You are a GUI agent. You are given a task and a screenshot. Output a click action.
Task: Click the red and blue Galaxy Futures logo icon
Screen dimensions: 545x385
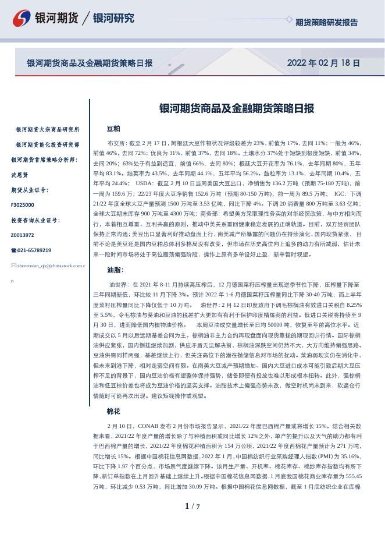coord(22,17)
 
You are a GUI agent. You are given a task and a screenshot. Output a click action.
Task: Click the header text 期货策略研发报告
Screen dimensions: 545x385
coord(326,23)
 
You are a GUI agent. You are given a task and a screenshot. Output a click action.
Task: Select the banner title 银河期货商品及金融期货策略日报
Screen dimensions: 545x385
coord(90,63)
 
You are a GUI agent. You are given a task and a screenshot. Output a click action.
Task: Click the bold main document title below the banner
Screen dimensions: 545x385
coord(237,108)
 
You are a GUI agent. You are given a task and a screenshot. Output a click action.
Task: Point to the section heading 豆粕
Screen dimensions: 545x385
coord(113,128)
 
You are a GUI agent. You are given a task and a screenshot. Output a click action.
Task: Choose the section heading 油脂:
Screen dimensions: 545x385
coord(115,270)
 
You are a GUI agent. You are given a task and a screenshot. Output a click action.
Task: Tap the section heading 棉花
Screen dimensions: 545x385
coord(113,411)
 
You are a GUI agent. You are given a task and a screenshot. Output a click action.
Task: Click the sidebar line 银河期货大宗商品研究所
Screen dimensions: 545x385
coord(48,129)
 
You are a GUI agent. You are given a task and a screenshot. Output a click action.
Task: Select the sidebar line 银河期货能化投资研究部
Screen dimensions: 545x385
coord(48,144)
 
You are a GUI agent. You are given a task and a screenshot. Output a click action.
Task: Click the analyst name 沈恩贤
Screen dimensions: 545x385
coord(20,175)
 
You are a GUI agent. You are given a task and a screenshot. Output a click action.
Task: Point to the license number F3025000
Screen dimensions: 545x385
coord(23,205)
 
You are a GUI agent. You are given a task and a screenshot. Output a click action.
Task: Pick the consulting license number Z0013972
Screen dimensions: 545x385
coord(23,235)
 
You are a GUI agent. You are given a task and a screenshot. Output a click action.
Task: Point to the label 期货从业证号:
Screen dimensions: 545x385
coord(30,190)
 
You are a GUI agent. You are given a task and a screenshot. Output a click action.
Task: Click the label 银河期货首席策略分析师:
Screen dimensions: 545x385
coord(44,160)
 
